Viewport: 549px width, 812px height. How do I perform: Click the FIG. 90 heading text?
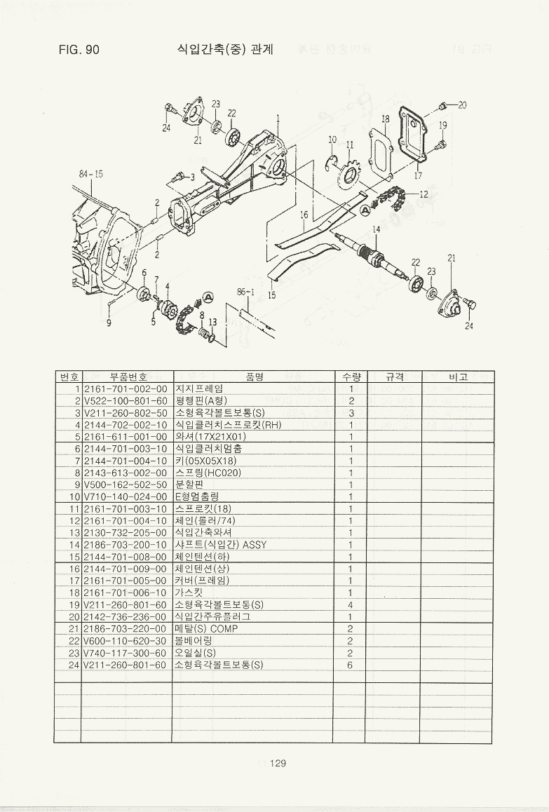pyautogui.click(x=79, y=50)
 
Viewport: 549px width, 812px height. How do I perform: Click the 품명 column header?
pyautogui.click(x=254, y=377)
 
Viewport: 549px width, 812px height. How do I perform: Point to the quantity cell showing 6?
pyautogui.click(x=350, y=665)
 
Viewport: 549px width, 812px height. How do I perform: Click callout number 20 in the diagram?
pyautogui.click(x=461, y=105)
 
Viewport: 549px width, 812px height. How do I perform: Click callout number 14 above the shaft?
pyautogui.click(x=377, y=229)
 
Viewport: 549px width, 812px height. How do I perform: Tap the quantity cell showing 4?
pyautogui.click(x=350, y=604)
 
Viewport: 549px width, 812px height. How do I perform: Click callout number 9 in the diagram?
pyautogui.click(x=109, y=323)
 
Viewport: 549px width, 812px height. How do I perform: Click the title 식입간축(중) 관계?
pyautogui.click(x=224, y=50)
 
